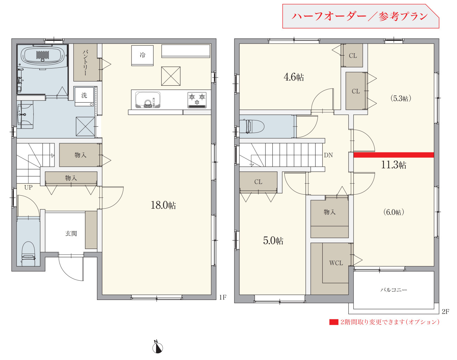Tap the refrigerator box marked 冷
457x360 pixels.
[142, 55]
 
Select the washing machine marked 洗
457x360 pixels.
[84, 96]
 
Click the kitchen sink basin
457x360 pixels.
[148, 100]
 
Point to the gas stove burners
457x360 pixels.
[197, 100]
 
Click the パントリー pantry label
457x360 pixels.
[85, 63]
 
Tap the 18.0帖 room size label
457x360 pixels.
[163, 205]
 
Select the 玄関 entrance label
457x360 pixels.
[71, 234]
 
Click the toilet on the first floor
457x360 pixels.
[28, 254]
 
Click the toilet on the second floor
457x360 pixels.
[252, 126]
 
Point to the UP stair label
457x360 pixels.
[28, 187]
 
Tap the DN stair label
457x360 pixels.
[328, 155]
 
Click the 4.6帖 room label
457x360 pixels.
[294, 77]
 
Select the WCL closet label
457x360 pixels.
[336, 263]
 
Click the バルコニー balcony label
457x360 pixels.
[393, 290]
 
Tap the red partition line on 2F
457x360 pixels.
[393, 155]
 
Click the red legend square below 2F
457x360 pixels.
[334, 322]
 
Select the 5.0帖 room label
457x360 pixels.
[273, 241]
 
